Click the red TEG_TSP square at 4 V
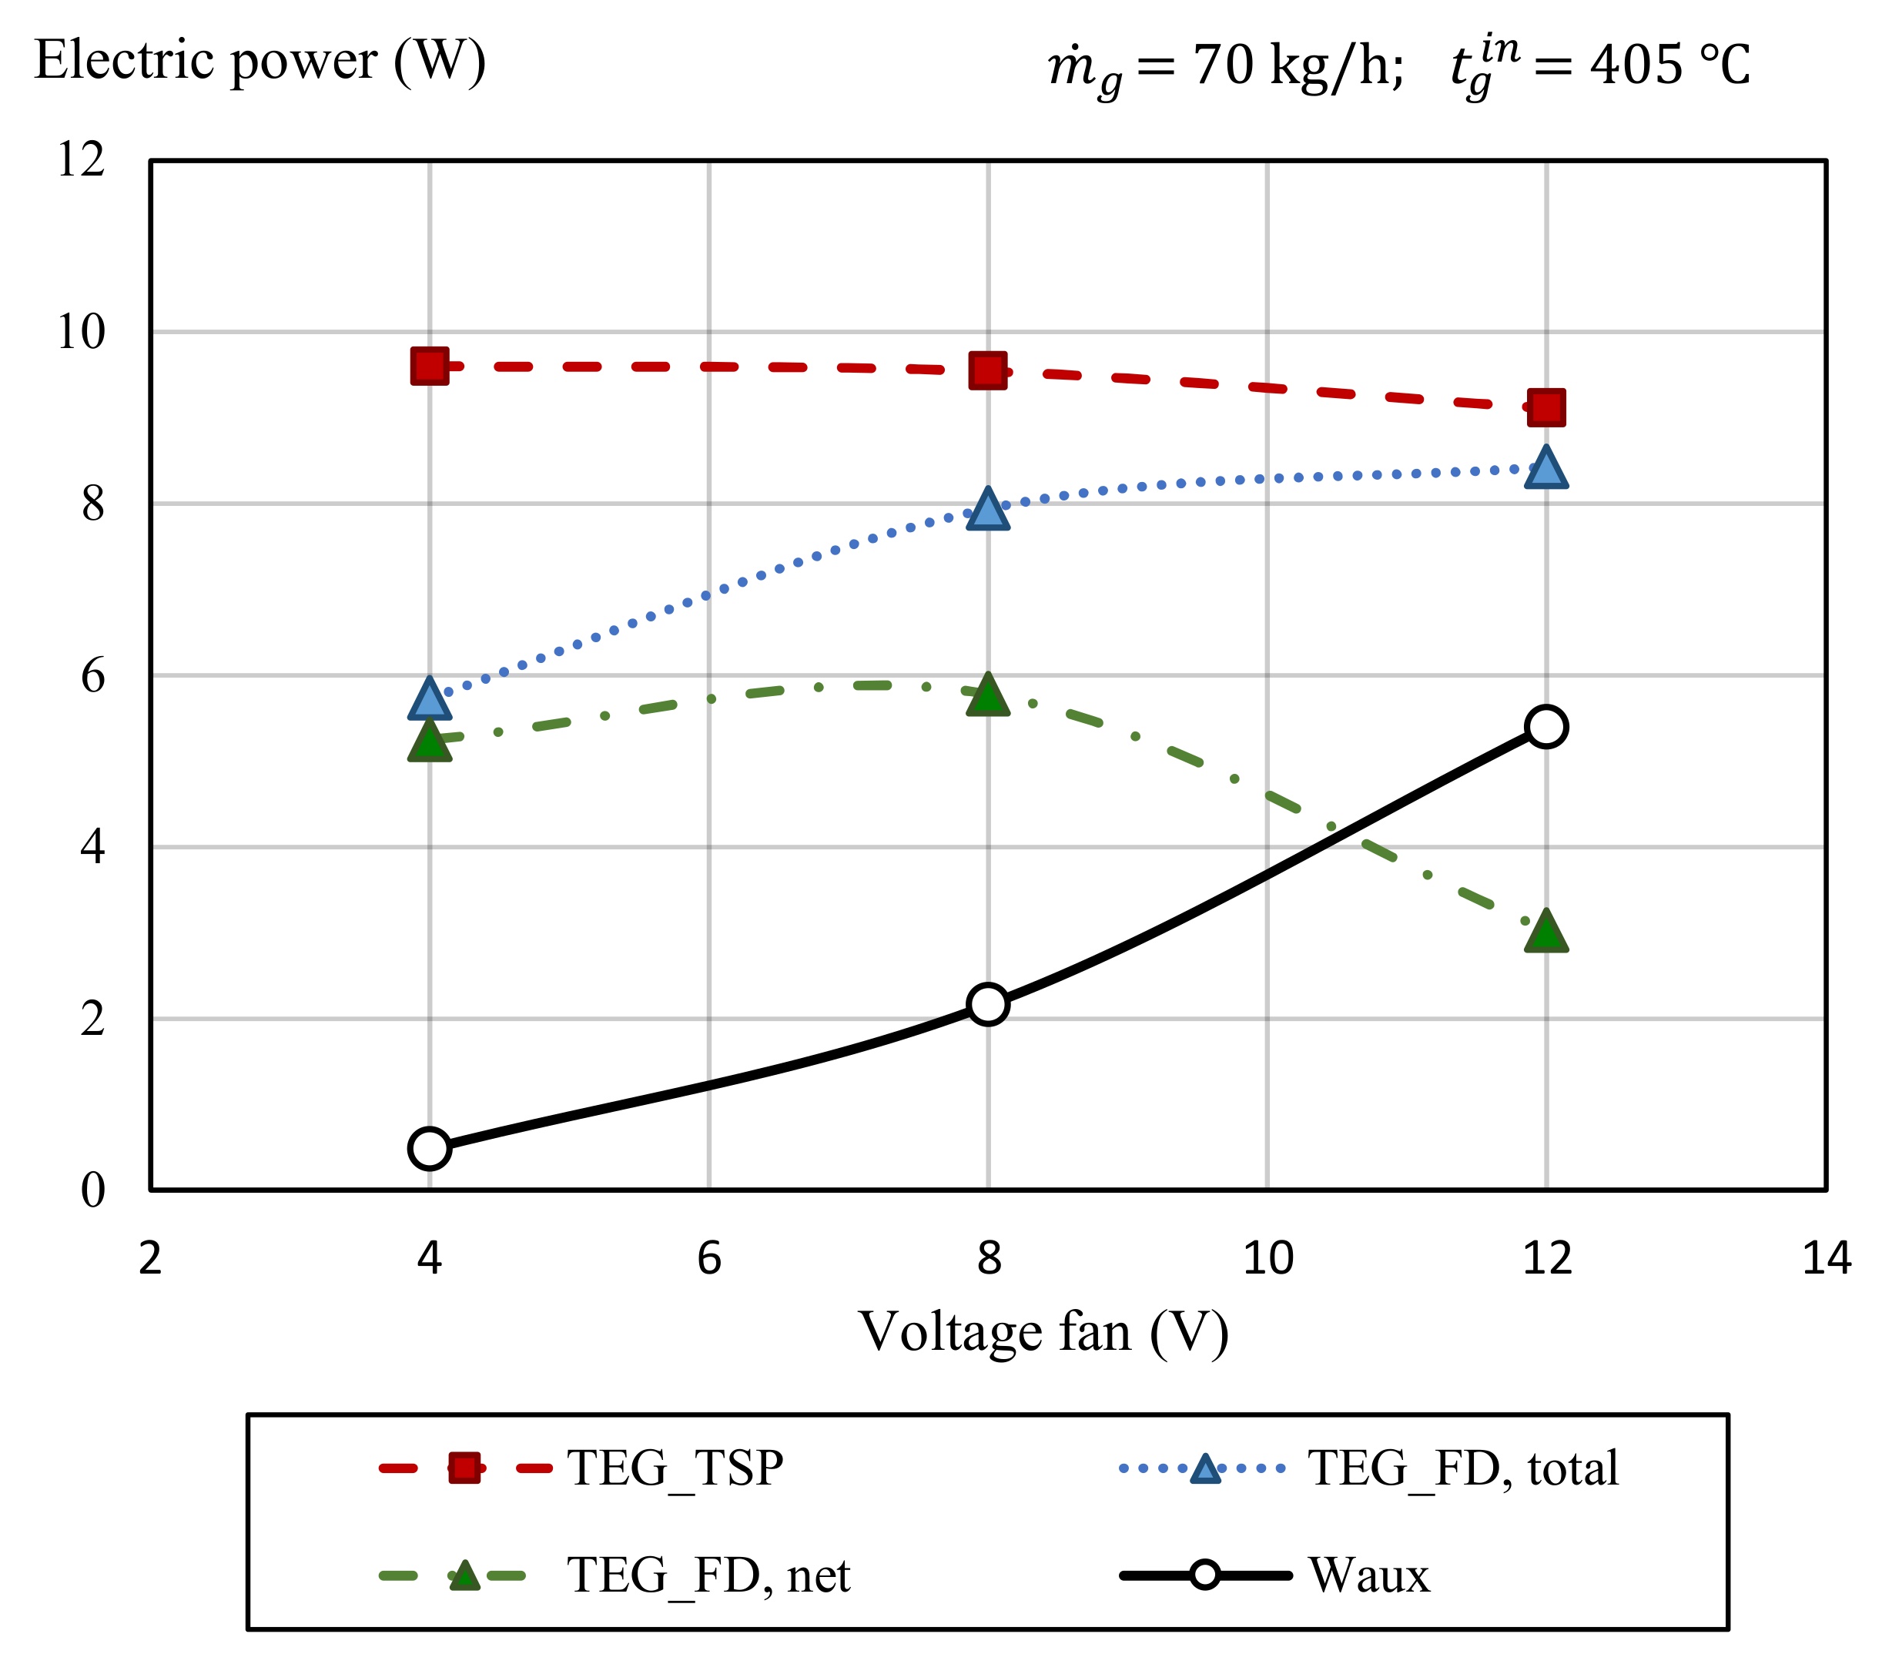(429, 367)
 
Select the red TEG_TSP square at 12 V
(1546, 407)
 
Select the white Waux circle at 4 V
(429, 1148)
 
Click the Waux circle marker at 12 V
(1546, 727)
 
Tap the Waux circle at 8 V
(988, 1004)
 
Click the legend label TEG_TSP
(675, 1468)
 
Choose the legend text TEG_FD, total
(1462, 1468)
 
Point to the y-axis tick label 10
(81, 332)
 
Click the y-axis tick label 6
(92, 676)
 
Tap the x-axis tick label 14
(1826, 1258)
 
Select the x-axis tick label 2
(150, 1258)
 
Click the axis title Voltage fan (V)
(1043, 1332)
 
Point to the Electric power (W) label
(260, 62)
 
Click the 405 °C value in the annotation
(1669, 66)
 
